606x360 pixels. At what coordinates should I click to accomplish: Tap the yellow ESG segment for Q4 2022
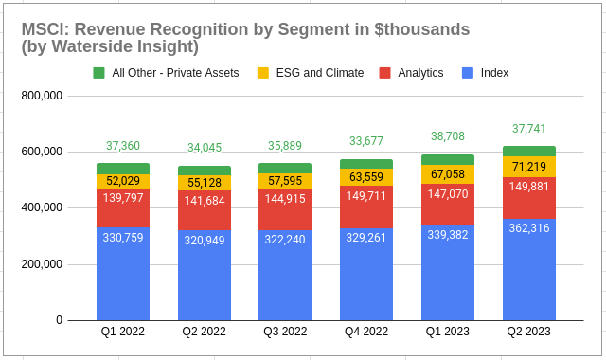click(x=366, y=177)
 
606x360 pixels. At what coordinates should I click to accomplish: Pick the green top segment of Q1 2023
click(x=448, y=160)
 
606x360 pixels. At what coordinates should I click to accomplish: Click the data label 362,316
click(x=529, y=242)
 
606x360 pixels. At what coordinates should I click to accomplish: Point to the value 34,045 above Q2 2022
click(x=205, y=148)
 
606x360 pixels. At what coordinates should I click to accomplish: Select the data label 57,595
click(x=285, y=181)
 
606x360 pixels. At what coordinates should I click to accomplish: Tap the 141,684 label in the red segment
click(x=205, y=201)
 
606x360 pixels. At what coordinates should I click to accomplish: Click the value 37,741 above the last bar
click(x=529, y=129)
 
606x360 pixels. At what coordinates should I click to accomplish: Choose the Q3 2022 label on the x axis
click(x=285, y=332)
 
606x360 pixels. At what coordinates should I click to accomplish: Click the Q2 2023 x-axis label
click(x=529, y=332)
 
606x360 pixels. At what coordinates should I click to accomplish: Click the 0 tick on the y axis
click(x=59, y=320)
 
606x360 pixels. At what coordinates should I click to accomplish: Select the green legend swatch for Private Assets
click(x=99, y=73)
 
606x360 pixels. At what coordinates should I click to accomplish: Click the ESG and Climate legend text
click(x=319, y=73)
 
